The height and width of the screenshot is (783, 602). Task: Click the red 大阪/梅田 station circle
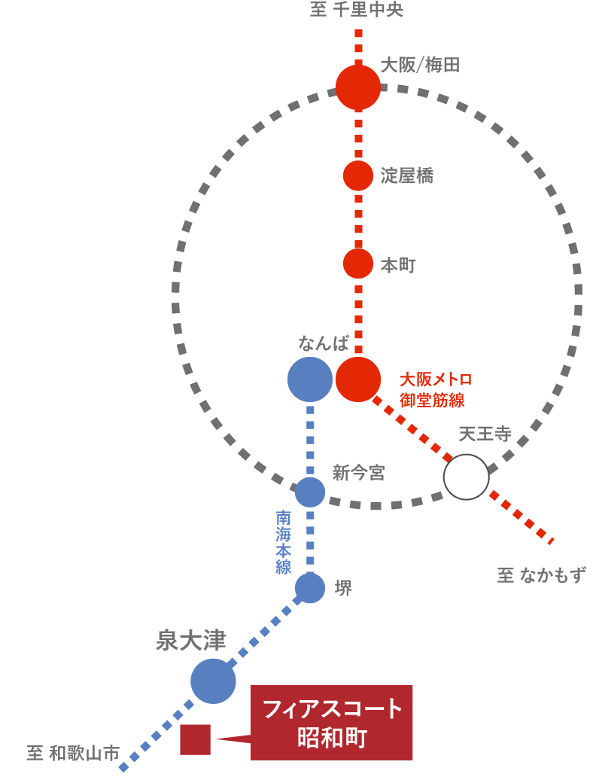point(358,87)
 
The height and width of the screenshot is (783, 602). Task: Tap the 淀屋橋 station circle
point(358,175)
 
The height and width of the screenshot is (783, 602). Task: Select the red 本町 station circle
point(358,264)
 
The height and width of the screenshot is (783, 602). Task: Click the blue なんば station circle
point(310,379)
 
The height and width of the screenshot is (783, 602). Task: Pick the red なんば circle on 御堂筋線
point(358,379)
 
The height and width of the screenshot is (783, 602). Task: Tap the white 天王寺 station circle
point(467,477)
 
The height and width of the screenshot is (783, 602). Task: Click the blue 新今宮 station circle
point(310,492)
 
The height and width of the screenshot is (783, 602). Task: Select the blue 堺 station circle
point(310,588)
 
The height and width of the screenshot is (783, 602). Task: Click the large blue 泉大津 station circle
point(213,681)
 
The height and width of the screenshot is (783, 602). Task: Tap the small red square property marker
point(195,739)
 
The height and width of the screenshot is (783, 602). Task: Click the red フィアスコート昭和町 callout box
point(332,723)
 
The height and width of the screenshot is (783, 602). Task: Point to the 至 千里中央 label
point(357,10)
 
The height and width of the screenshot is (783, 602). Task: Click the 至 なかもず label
point(541,575)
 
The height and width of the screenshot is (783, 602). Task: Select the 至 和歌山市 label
point(73,753)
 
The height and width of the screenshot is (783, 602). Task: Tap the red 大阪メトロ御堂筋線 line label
point(436,389)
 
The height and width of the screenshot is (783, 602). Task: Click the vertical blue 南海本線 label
point(284,542)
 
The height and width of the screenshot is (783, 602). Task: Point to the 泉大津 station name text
point(190,640)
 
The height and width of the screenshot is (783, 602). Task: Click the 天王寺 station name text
point(485,434)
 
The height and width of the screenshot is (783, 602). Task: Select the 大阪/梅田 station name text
point(420,66)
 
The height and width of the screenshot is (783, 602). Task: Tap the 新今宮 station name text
point(358,473)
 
